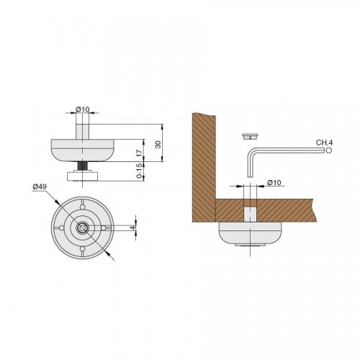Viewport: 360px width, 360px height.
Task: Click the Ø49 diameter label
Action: click(x=40, y=186)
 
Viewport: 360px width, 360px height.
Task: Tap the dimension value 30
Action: click(x=158, y=144)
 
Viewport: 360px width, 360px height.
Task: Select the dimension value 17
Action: click(x=139, y=152)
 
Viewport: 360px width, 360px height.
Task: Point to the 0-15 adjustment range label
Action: click(x=139, y=171)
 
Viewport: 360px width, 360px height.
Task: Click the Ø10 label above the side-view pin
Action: click(x=82, y=109)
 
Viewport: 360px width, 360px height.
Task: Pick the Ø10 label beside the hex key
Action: click(x=274, y=183)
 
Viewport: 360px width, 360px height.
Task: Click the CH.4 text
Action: click(x=324, y=143)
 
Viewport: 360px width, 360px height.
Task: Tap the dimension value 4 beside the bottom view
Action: click(x=133, y=228)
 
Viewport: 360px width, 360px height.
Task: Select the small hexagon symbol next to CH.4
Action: click(x=329, y=150)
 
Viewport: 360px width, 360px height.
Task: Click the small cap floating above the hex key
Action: click(x=250, y=137)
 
